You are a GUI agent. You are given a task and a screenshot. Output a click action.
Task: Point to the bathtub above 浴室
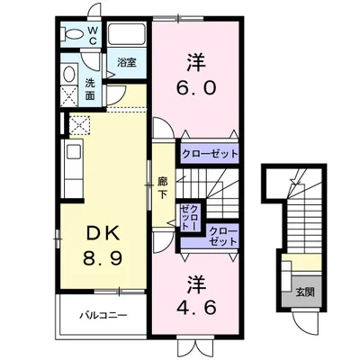[x=128, y=39]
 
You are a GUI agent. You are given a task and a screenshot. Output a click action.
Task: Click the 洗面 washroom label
[x=91, y=88]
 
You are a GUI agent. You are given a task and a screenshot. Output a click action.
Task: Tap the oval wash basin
[x=69, y=74]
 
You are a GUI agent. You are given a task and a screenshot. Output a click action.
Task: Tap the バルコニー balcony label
[x=101, y=316]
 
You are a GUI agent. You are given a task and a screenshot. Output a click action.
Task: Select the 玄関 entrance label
[x=304, y=292]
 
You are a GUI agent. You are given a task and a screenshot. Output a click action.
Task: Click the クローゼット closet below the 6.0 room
[x=210, y=154]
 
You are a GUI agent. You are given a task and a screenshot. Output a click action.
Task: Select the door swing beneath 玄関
[x=302, y=319]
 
